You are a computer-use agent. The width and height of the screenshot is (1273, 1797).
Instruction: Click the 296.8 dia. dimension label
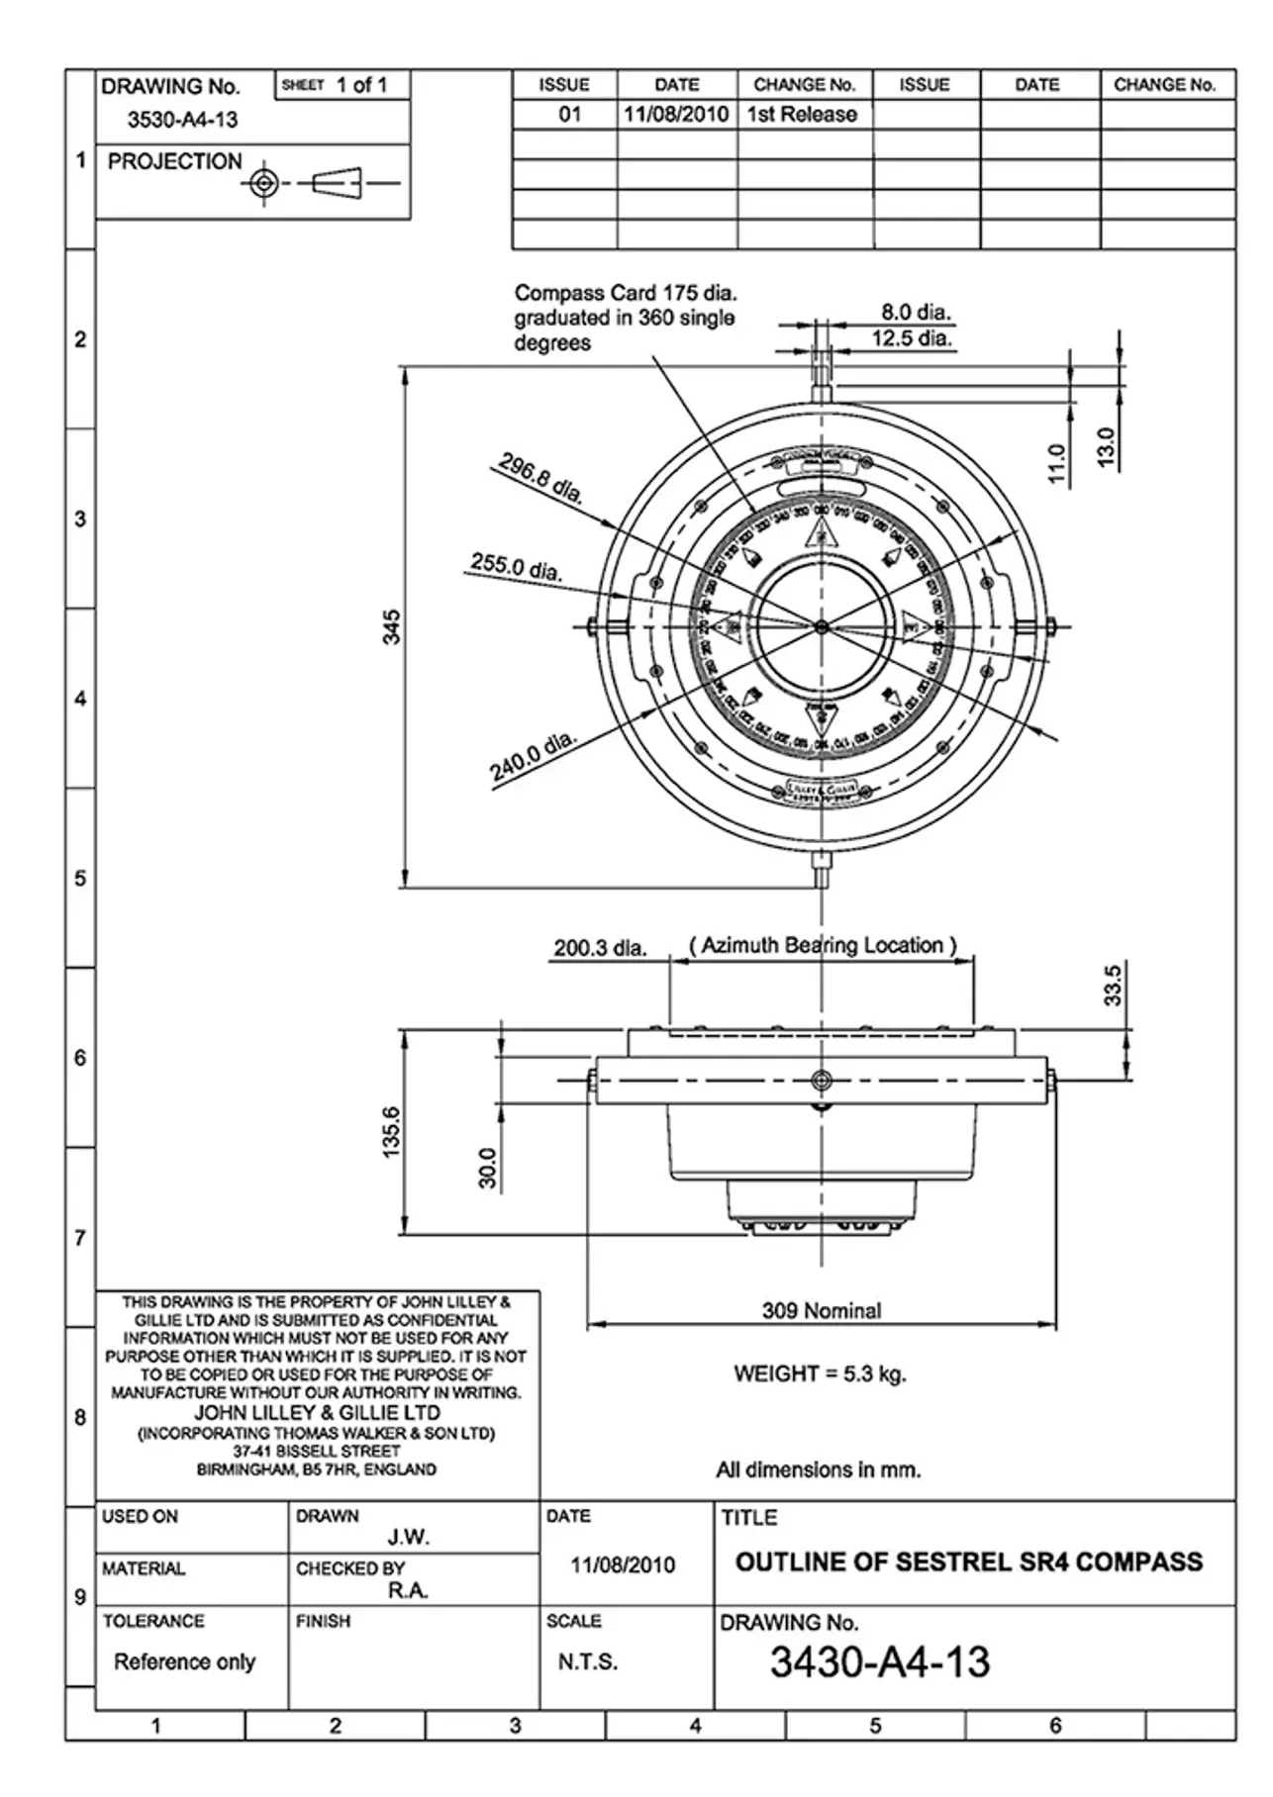pyautogui.click(x=540, y=479)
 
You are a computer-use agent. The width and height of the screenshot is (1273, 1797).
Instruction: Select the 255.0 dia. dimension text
pyautogui.click(x=516, y=567)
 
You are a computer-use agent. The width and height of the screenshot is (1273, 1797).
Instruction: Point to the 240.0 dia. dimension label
pyautogui.click(x=532, y=756)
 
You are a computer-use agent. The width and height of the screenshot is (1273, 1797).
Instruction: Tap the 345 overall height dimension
pyautogui.click(x=392, y=627)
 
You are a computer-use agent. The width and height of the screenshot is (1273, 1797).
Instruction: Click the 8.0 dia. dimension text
pyautogui.click(x=916, y=313)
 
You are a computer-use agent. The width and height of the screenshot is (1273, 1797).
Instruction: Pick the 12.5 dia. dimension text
pyautogui.click(x=912, y=338)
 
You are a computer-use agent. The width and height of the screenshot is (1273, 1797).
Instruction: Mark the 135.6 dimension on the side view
pyautogui.click(x=392, y=1132)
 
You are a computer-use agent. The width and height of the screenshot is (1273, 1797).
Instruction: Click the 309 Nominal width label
pyautogui.click(x=822, y=1310)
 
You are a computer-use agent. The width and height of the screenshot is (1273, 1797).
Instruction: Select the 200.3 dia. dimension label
pyautogui.click(x=600, y=948)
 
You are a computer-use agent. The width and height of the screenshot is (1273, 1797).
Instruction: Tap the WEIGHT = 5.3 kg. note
pyautogui.click(x=820, y=1373)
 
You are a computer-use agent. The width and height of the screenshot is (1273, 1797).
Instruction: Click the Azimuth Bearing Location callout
pyautogui.click(x=823, y=945)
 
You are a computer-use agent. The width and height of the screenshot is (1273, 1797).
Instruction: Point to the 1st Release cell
pyautogui.click(x=802, y=115)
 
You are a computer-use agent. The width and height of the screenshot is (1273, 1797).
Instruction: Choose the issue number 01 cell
pyautogui.click(x=569, y=115)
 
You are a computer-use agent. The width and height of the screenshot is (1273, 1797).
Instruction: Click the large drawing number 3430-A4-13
pyautogui.click(x=880, y=1662)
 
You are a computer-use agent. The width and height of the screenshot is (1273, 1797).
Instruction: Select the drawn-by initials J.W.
pyautogui.click(x=408, y=1537)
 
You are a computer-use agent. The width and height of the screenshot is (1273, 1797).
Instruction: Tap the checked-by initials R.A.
pyautogui.click(x=408, y=1590)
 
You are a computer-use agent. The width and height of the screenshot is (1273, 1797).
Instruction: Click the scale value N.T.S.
pyautogui.click(x=588, y=1662)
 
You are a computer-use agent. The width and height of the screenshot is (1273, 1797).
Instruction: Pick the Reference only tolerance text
pyautogui.click(x=184, y=1661)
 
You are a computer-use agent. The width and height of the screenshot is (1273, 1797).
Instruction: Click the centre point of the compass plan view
pyautogui.click(x=821, y=626)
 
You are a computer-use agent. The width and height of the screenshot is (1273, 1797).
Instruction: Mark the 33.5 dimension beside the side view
pyautogui.click(x=1113, y=986)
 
